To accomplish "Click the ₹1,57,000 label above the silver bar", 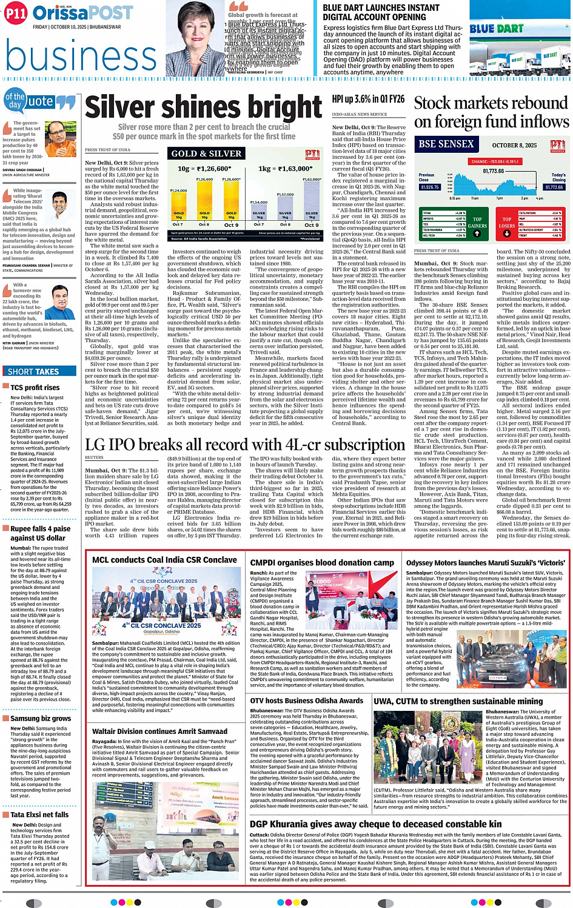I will pos(285,194).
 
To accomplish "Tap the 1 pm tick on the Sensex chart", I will pos(499,198).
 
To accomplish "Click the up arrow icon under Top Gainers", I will pos(477,234).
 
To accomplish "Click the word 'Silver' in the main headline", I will pos(119,108).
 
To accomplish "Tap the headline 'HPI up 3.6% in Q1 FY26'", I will pos(368,99).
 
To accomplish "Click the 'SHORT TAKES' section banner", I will pos(33,371).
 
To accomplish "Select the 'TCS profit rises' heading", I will pos(35,388).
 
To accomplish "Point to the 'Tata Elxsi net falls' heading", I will pos(39,815).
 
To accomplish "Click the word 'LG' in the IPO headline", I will pos(96,444).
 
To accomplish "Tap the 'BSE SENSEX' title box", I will pos(446,144).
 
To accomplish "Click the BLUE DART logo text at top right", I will pos(496,29).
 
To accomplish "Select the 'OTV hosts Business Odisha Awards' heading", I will pos(307,700).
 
